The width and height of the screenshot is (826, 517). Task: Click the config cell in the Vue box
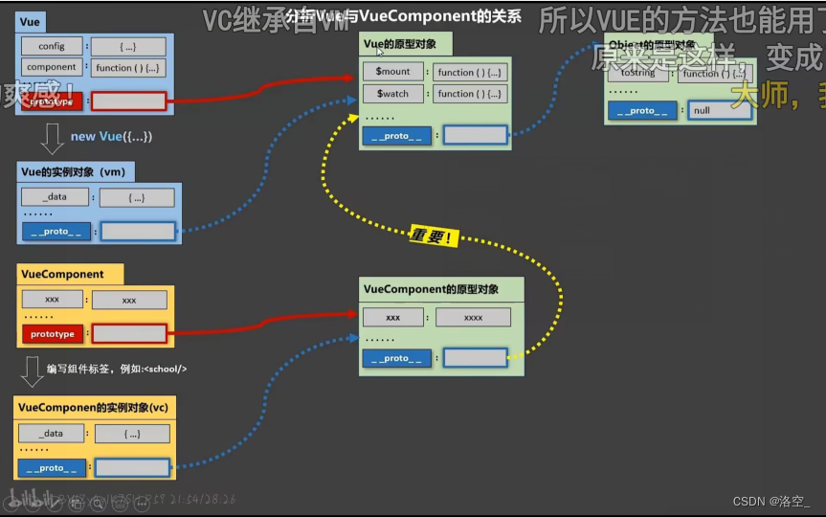52,46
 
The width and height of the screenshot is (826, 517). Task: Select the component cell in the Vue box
52,67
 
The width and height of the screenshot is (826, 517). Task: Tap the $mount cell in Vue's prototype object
392,72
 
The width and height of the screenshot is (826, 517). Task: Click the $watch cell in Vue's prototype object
392,94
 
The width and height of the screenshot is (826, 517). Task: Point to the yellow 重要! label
432,235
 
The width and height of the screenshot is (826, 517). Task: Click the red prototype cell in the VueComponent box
52,334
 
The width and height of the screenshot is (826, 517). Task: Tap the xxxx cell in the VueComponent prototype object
473,318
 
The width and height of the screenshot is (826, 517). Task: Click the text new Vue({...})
111,137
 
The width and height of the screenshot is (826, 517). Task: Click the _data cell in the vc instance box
52,434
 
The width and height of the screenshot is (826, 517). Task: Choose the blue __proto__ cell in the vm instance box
56,231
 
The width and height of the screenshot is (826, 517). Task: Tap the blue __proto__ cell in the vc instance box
52,468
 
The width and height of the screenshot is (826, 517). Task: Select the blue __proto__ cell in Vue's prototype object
395,136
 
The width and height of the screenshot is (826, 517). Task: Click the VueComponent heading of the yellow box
62,274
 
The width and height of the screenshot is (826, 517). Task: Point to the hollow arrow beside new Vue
52,139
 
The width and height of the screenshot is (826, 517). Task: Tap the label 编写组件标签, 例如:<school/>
116,369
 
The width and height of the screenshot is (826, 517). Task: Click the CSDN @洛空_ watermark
770,501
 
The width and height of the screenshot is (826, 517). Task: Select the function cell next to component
129,68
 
